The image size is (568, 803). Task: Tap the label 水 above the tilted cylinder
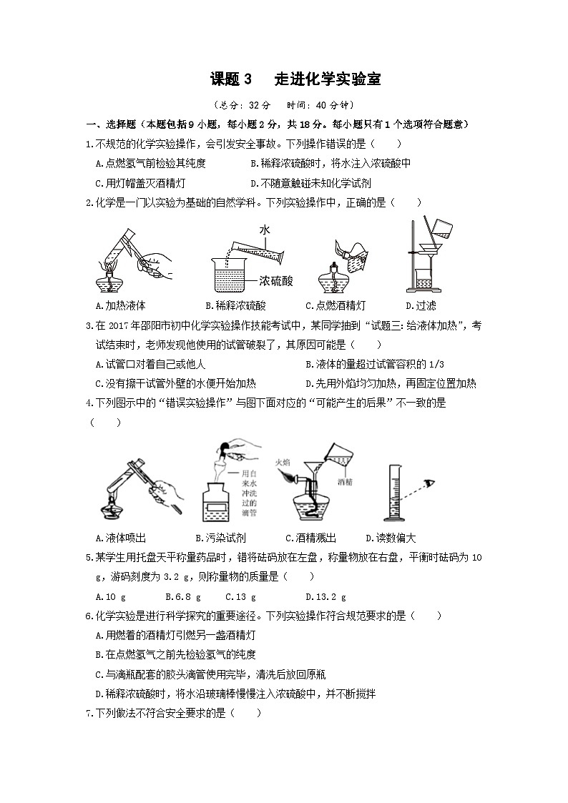pos(265,230)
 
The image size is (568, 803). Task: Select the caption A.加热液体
pos(119,305)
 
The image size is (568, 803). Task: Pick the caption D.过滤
pos(416,305)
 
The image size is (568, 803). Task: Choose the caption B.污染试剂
pos(219,538)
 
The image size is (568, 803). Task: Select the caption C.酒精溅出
pos(310,538)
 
